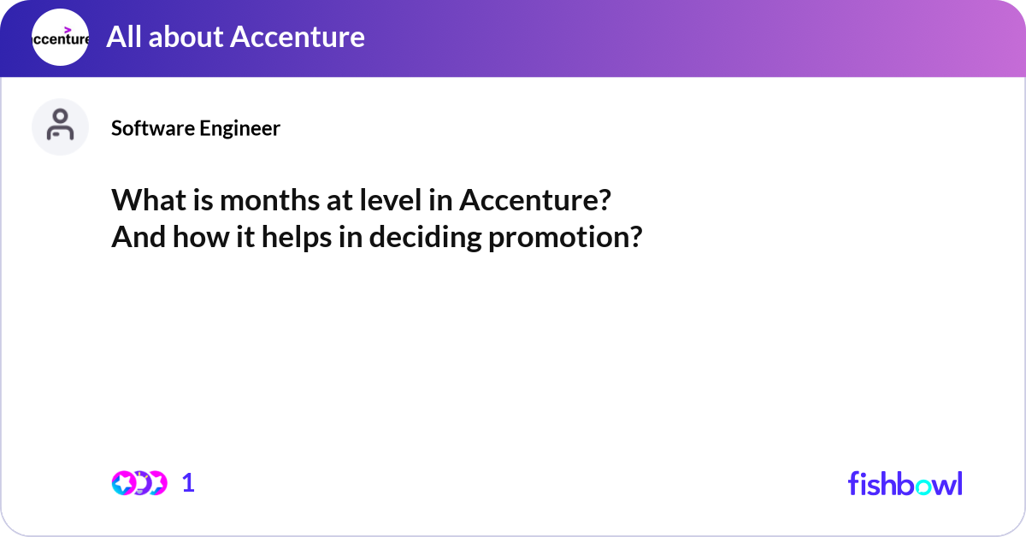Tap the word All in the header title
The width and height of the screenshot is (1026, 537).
tap(123, 37)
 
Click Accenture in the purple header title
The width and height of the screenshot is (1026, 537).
tap(298, 37)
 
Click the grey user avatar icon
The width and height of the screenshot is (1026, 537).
tap(60, 127)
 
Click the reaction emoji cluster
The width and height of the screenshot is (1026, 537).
tap(139, 483)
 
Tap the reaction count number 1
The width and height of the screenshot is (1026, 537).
tap(188, 483)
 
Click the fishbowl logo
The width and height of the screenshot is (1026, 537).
tap(905, 483)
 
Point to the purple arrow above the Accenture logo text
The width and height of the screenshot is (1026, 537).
tap(68, 29)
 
